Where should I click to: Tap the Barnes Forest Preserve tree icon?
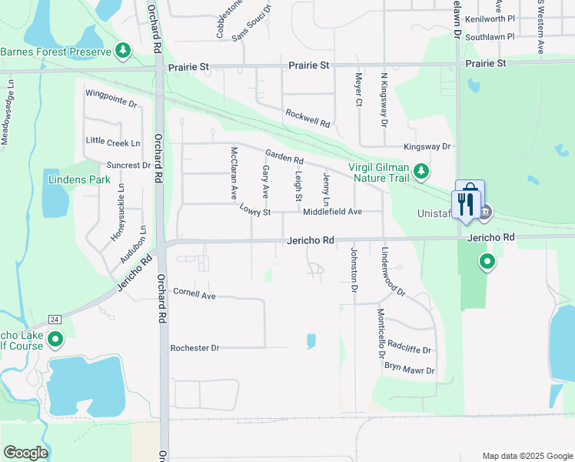point(123,52)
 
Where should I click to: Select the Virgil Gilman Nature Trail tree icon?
point(420,170)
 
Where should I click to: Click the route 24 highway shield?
point(54,319)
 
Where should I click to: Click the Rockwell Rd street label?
point(307,118)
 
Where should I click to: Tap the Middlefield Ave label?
point(332,211)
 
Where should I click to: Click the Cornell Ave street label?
point(194,294)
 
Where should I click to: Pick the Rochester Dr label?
point(194,348)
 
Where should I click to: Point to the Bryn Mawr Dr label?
point(410,370)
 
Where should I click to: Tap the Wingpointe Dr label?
point(111,98)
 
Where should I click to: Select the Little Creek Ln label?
point(114,142)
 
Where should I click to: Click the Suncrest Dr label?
point(128,165)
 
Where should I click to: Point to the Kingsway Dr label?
point(427,146)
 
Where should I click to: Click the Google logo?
point(25,453)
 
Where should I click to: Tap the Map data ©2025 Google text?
point(527,456)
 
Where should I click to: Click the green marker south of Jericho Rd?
point(487,263)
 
